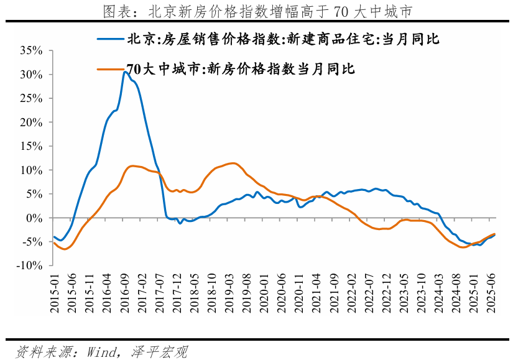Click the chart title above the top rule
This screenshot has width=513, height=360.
[256, 11]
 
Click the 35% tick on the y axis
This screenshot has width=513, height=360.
[31, 50]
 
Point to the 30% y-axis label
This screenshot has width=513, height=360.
[31, 75]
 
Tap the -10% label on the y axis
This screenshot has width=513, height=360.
[29, 265]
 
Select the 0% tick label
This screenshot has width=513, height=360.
[35, 218]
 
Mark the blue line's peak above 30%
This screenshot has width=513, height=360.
[125, 72]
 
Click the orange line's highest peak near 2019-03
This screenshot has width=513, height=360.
[232, 164]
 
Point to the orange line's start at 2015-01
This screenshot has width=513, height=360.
[54, 242]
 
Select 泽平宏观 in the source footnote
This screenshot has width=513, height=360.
[160, 352]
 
